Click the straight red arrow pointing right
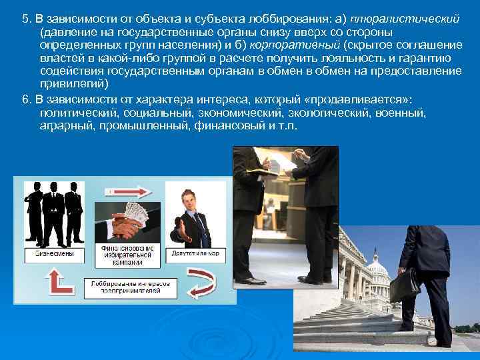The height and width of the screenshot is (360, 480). pos(119,191)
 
